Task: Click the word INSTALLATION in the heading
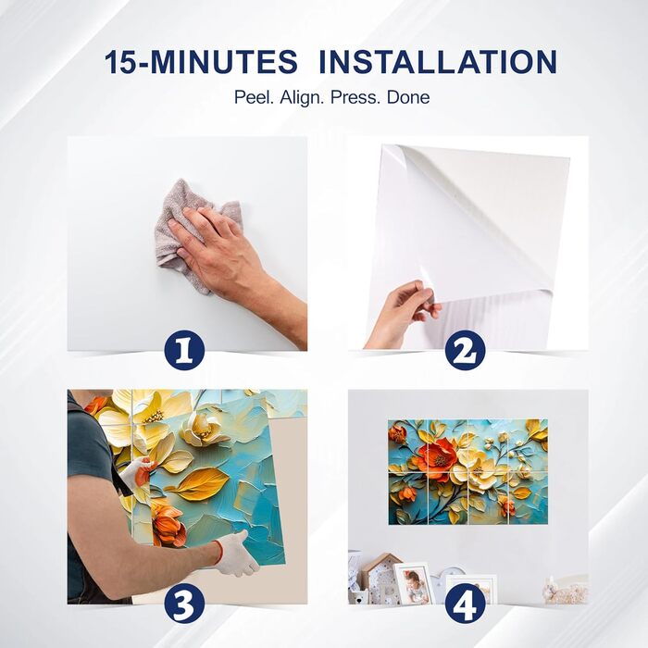click(x=439, y=62)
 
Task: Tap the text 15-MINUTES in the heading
click(x=201, y=62)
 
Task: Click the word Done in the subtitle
click(x=408, y=97)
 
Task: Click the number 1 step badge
click(x=185, y=350)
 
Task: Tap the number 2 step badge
click(x=466, y=350)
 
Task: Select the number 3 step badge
click(x=185, y=604)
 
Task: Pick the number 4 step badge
click(x=466, y=604)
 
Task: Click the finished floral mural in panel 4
click(x=467, y=472)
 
